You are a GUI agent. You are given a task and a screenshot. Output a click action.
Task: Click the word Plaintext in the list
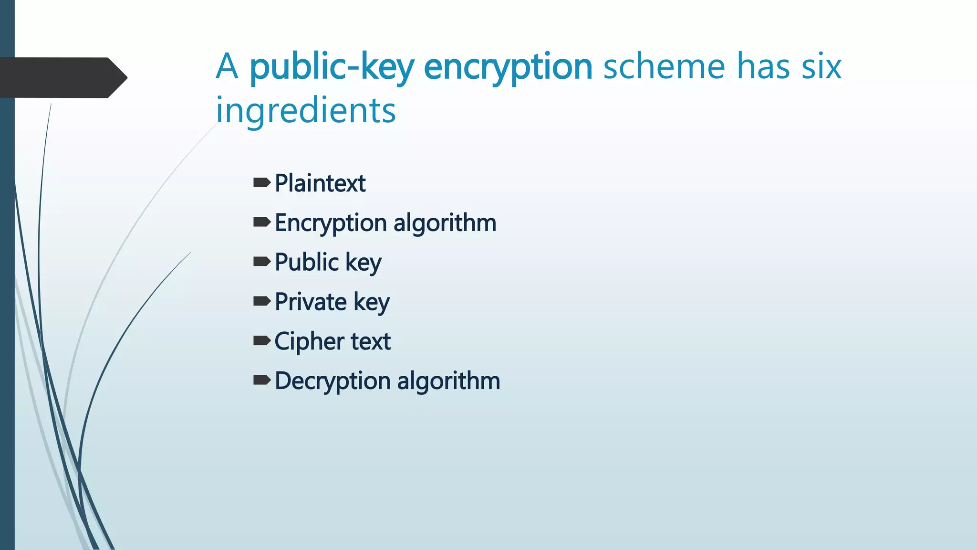pos(320,183)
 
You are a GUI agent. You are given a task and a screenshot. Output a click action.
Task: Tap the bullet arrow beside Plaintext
pos(262,182)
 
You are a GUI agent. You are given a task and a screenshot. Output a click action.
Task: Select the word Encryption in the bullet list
pos(331,223)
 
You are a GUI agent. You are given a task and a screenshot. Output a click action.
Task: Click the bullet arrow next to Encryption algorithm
pos(262,222)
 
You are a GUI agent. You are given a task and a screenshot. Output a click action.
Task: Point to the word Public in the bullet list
pos(307,262)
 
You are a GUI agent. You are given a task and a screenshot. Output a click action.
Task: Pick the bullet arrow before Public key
pos(262,261)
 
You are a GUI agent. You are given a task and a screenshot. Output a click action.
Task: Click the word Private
pos(311,302)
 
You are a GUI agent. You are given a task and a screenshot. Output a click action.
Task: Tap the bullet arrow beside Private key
pos(262,301)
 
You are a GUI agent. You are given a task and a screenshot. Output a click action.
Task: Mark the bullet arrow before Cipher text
pos(262,340)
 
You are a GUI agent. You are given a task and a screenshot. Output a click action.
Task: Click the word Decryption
pos(333,381)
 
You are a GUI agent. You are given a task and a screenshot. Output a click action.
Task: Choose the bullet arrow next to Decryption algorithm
pos(262,380)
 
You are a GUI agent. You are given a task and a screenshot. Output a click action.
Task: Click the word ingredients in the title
pos(306,110)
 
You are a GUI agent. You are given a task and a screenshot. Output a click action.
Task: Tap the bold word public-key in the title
pos(332,67)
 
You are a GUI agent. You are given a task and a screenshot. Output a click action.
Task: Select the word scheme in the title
pos(665,66)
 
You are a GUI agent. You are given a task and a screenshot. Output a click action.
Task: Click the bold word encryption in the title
pos(508,67)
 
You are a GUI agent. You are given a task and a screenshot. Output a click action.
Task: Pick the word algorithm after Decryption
pos(448,381)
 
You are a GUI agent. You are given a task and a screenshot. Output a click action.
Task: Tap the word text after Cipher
pos(371,342)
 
